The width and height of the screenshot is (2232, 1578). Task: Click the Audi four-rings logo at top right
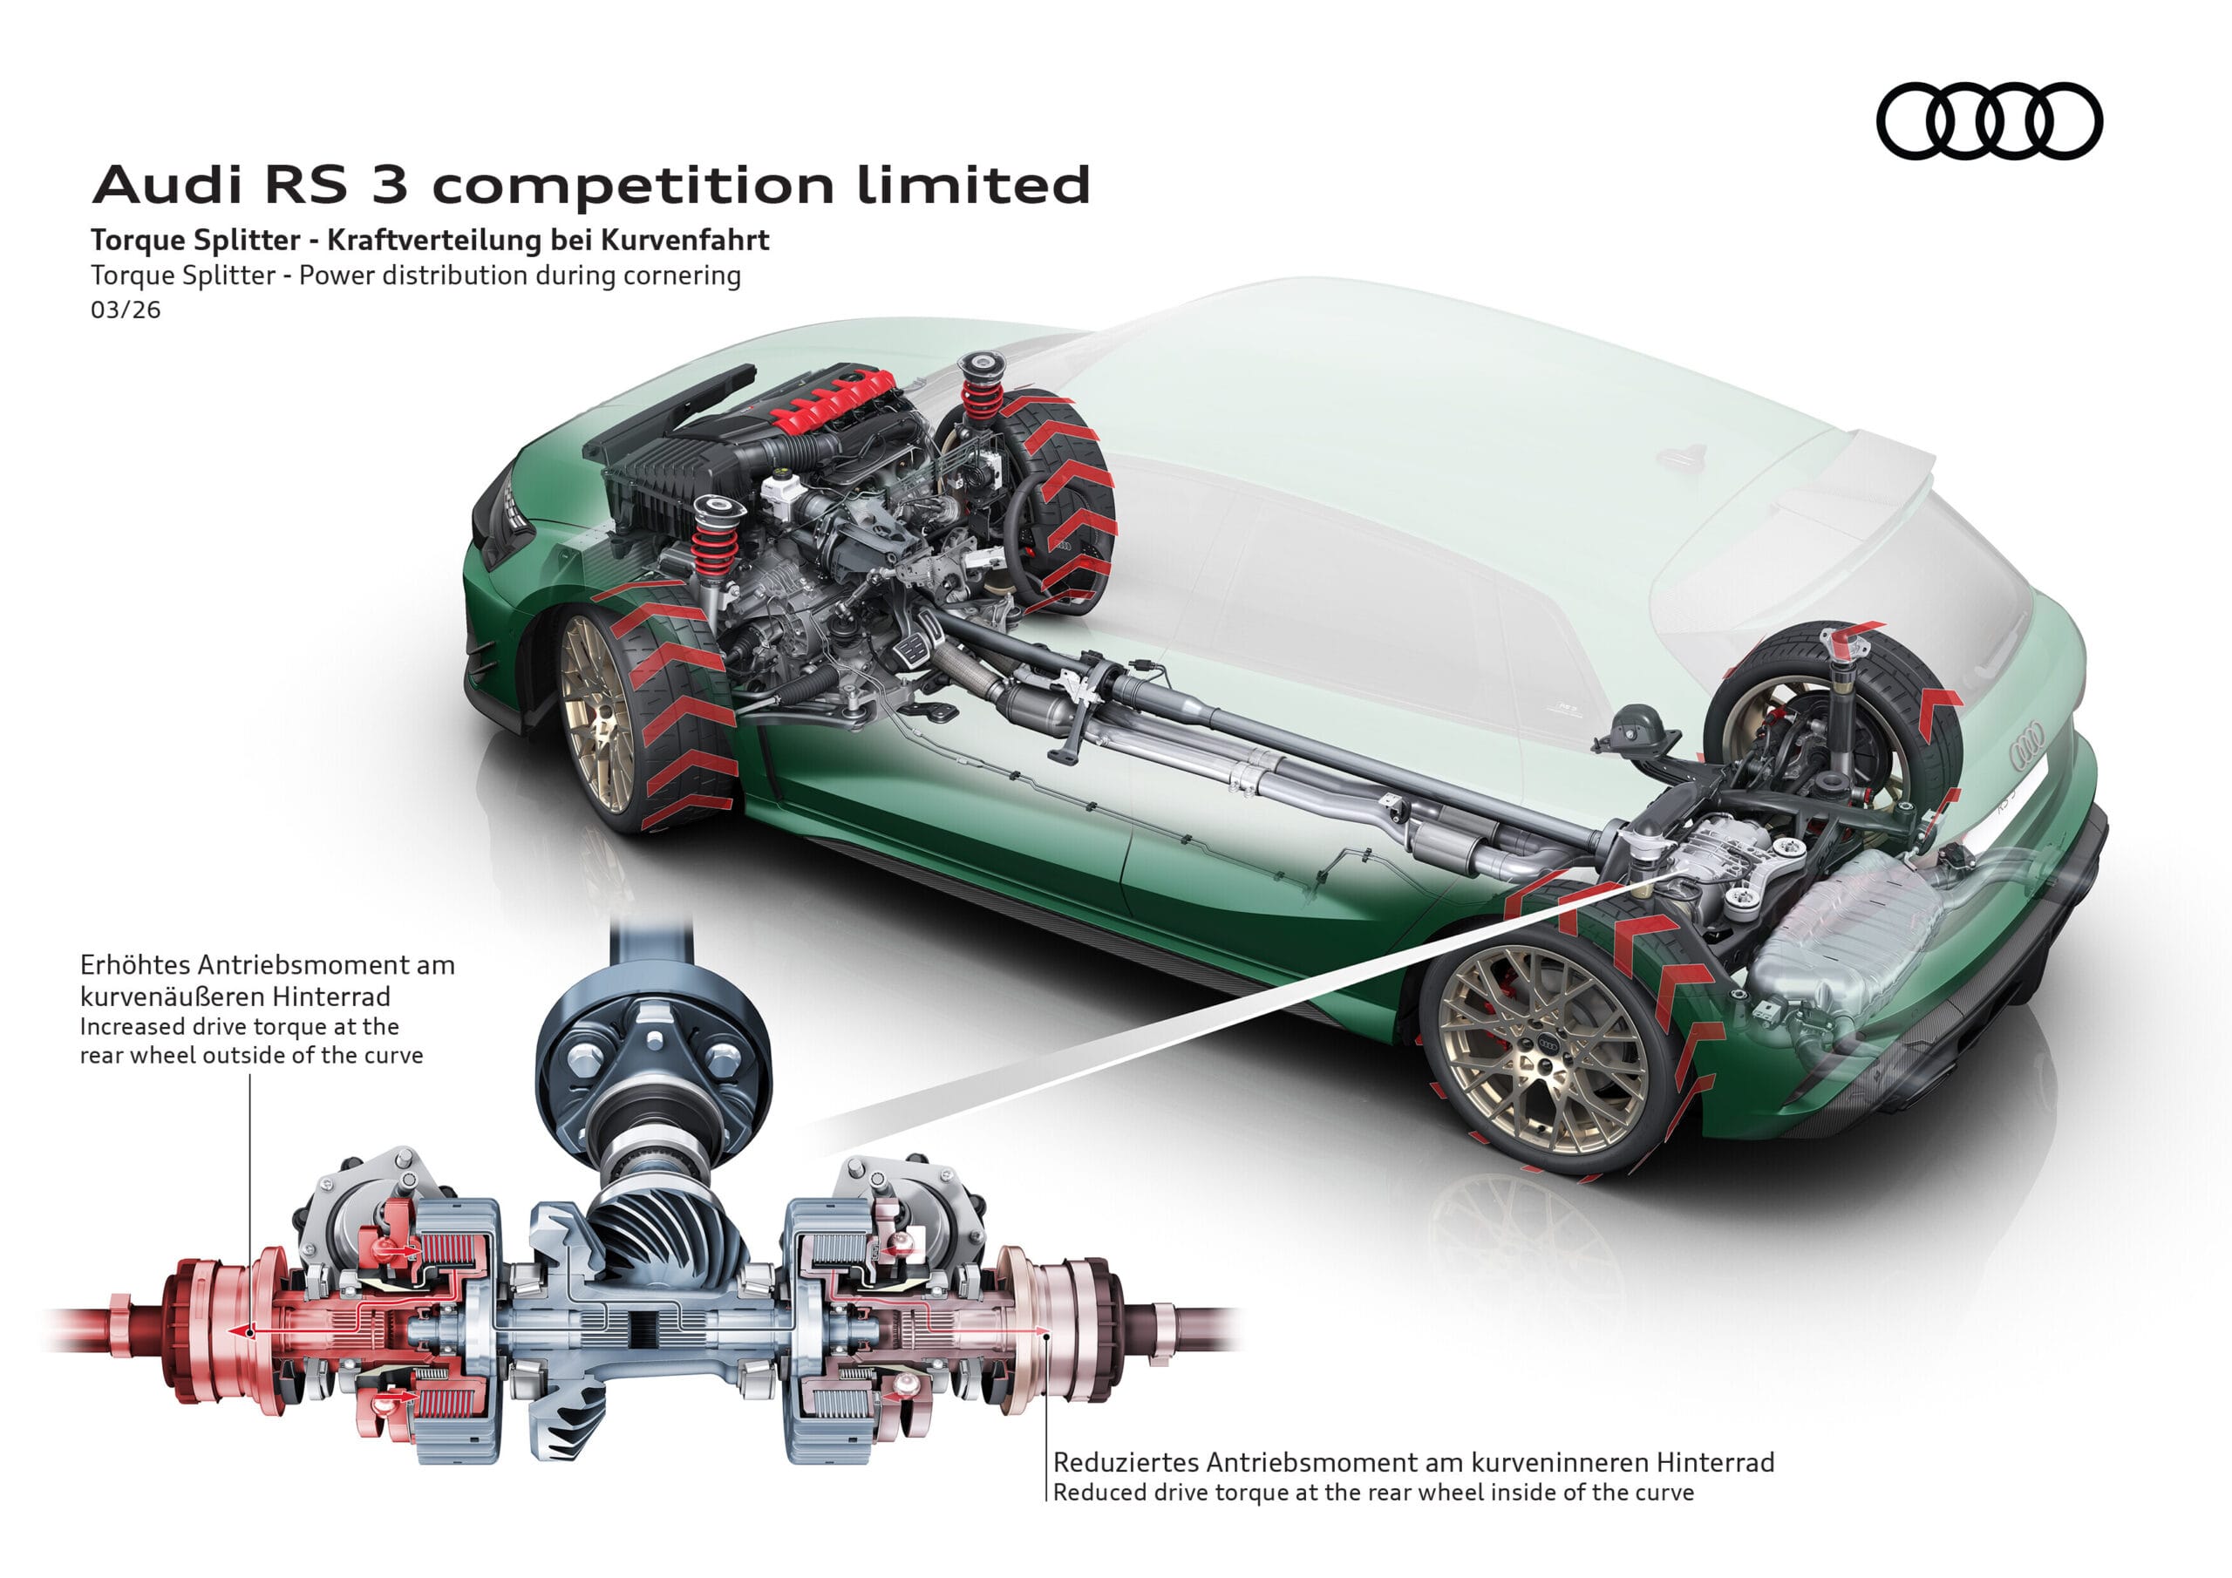click(1989, 120)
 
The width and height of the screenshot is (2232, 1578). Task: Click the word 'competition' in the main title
click(632, 185)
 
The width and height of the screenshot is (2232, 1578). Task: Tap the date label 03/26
click(126, 310)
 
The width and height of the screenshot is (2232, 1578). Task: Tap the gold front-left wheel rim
click(595, 715)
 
